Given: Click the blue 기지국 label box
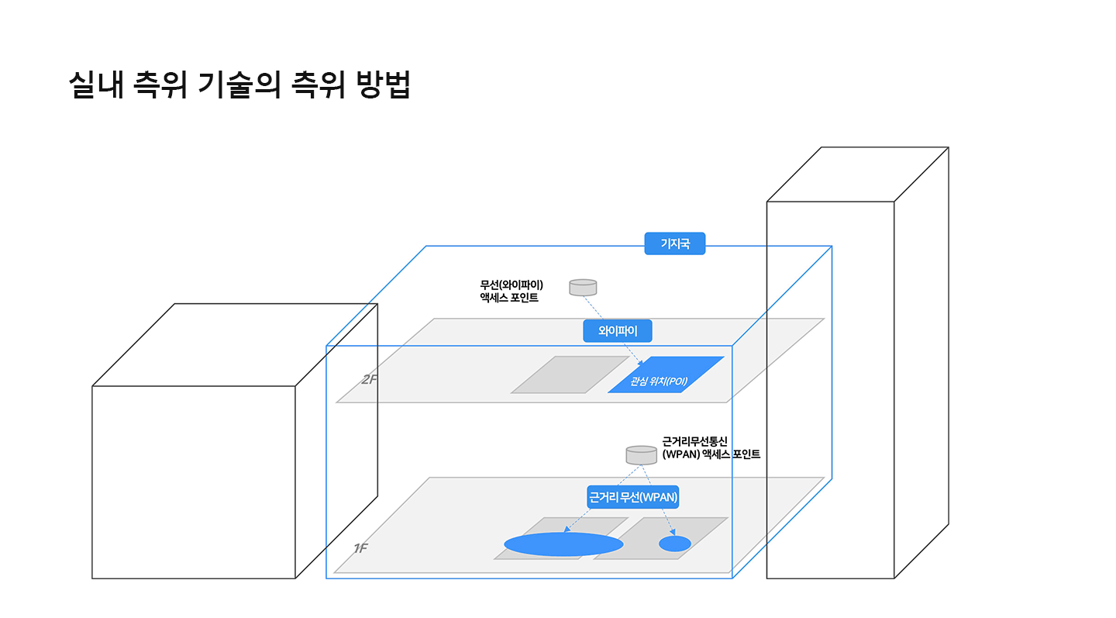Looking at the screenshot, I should [674, 243].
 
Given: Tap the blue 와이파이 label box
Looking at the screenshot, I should [617, 331].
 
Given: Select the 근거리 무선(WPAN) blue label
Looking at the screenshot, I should [632, 497].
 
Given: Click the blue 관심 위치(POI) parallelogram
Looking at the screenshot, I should [666, 375].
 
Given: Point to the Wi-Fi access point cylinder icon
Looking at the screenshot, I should [583, 287].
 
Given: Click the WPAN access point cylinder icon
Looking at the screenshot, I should [641, 454].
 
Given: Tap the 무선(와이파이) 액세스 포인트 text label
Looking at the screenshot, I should [511, 291].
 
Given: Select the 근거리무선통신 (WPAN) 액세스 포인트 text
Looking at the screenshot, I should [710, 447].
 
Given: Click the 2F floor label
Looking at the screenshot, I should [368, 380].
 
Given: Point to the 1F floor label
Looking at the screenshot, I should [360, 548].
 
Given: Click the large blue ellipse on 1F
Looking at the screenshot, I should [563, 544].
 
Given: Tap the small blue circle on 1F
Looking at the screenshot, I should [674, 544].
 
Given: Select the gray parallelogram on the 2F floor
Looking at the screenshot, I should [570, 375].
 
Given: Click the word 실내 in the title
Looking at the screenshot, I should [95, 85].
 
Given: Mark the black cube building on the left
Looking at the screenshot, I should [194, 481].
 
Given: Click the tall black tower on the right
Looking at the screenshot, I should [830, 388].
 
